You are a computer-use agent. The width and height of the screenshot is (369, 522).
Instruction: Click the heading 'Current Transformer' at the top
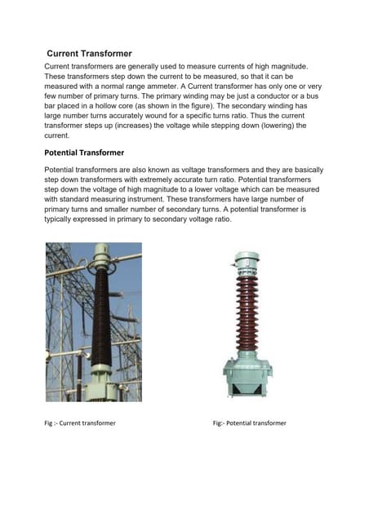[x=89, y=53]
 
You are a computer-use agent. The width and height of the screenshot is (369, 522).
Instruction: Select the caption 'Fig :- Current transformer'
[x=80, y=423]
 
